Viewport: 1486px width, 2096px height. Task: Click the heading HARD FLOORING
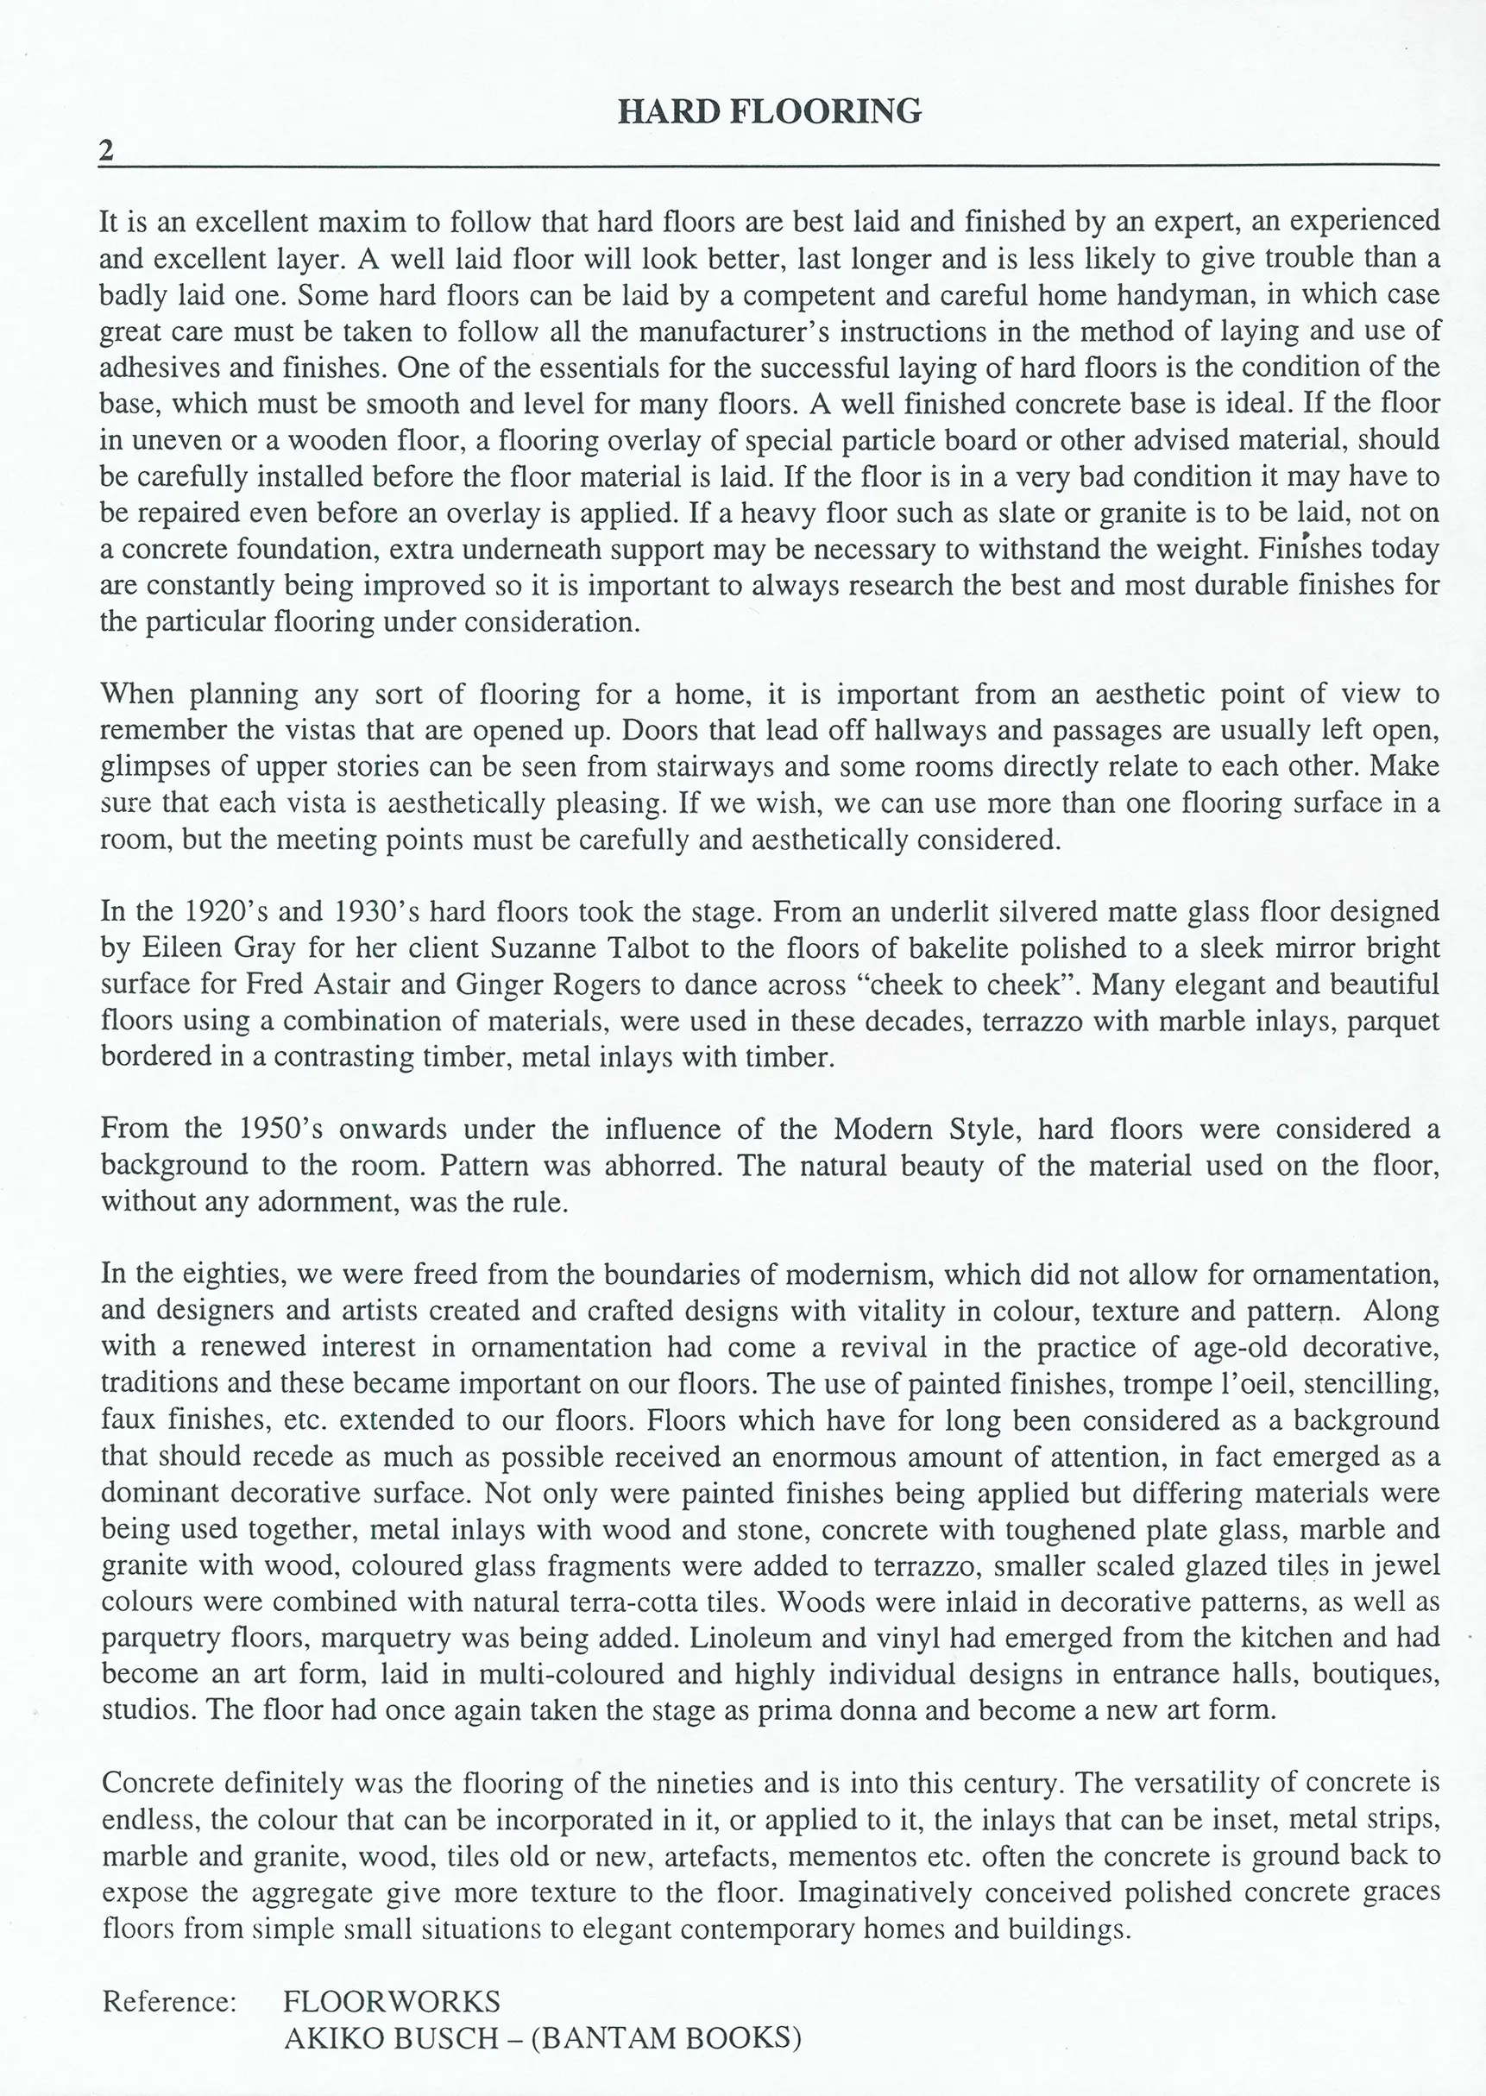tap(770, 111)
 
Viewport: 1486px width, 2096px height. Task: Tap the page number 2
tap(107, 151)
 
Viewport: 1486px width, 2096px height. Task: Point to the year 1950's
tap(281, 1129)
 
